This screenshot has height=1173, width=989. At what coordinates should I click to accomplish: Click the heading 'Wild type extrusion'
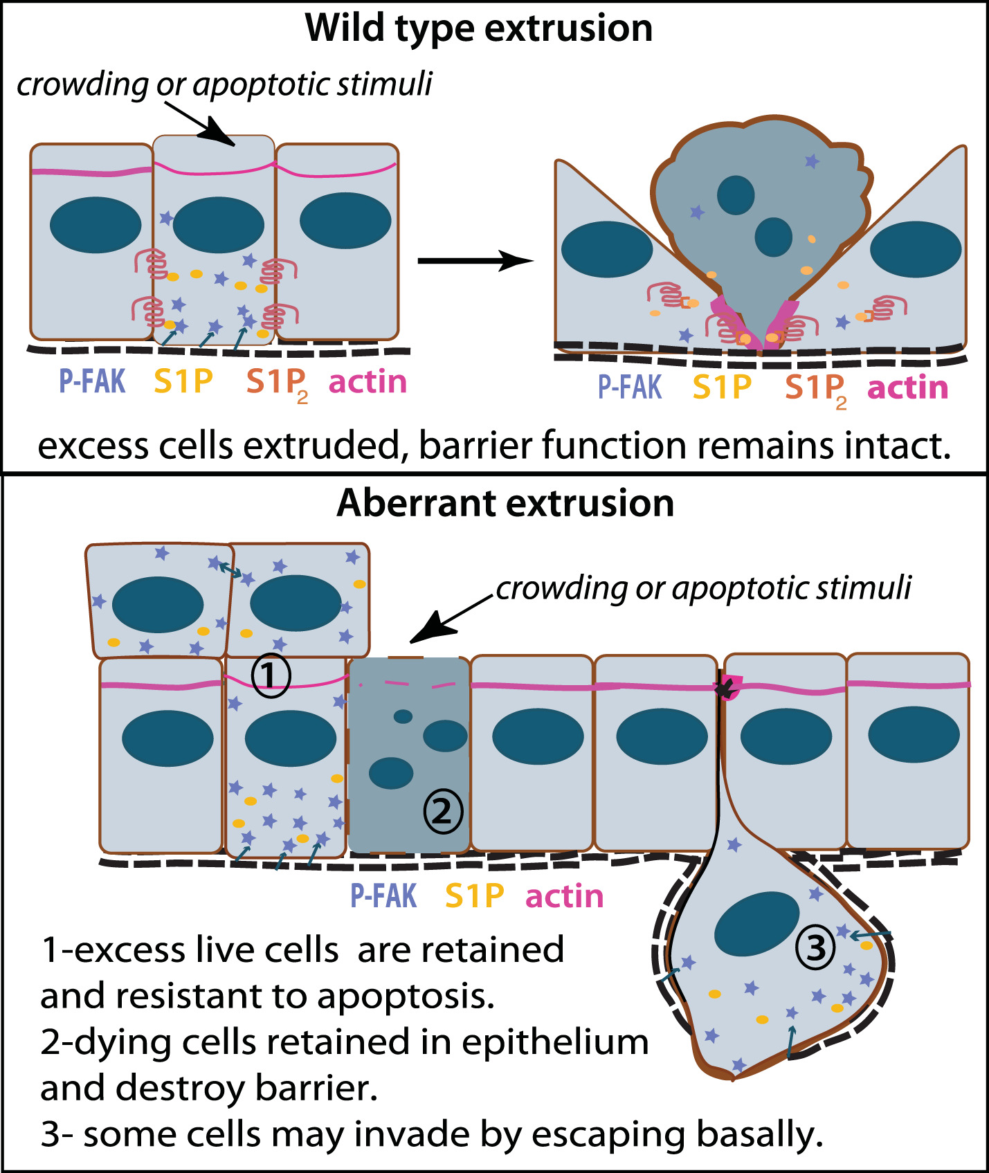click(x=479, y=29)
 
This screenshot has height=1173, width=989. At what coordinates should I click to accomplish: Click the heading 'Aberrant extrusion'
click(x=505, y=503)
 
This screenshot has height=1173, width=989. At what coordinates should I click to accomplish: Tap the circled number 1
click(x=271, y=675)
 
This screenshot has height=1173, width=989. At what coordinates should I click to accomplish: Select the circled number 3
click(x=816, y=947)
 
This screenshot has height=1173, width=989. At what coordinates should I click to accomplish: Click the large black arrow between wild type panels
click(x=475, y=261)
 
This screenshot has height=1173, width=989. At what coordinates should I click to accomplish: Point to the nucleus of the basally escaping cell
click(x=756, y=923)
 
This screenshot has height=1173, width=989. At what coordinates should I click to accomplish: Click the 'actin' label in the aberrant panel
click(x=564, y=896)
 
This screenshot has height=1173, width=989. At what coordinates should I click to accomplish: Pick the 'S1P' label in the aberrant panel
click(x=475, y=896)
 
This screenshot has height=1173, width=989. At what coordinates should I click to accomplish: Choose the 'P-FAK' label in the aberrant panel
click(x=383, y=896)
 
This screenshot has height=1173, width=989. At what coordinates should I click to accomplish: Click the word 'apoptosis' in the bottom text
click(x=406, y=997)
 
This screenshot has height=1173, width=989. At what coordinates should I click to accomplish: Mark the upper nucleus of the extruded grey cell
click(x=736, y=194)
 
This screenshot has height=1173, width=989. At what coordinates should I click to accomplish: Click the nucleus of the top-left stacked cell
click(x=158, y=604)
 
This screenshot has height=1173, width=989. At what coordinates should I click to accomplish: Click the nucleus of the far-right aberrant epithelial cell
click(x=914, y=734)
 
